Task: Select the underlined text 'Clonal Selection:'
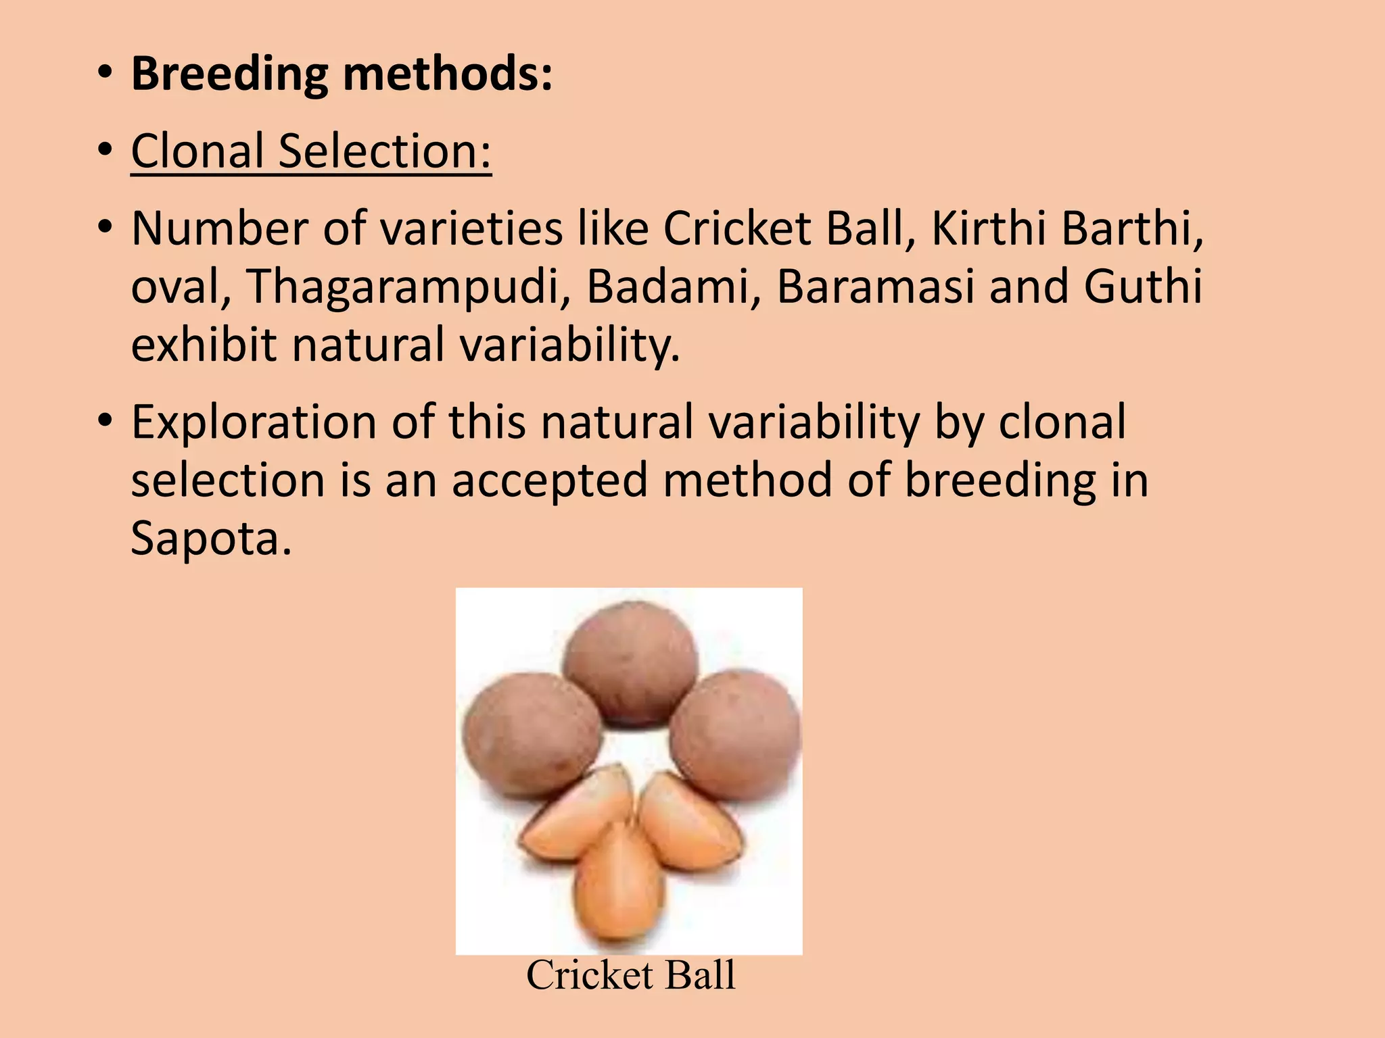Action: point(311,151)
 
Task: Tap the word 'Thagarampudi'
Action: point(404,287)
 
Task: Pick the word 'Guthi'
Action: point(1142,287)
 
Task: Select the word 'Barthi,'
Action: point(1133,228)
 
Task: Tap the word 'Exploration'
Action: point(253,422)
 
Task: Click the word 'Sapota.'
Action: point(211,539)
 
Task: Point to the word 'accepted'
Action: point(549,480)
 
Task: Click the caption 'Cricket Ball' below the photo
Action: point(630,975)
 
